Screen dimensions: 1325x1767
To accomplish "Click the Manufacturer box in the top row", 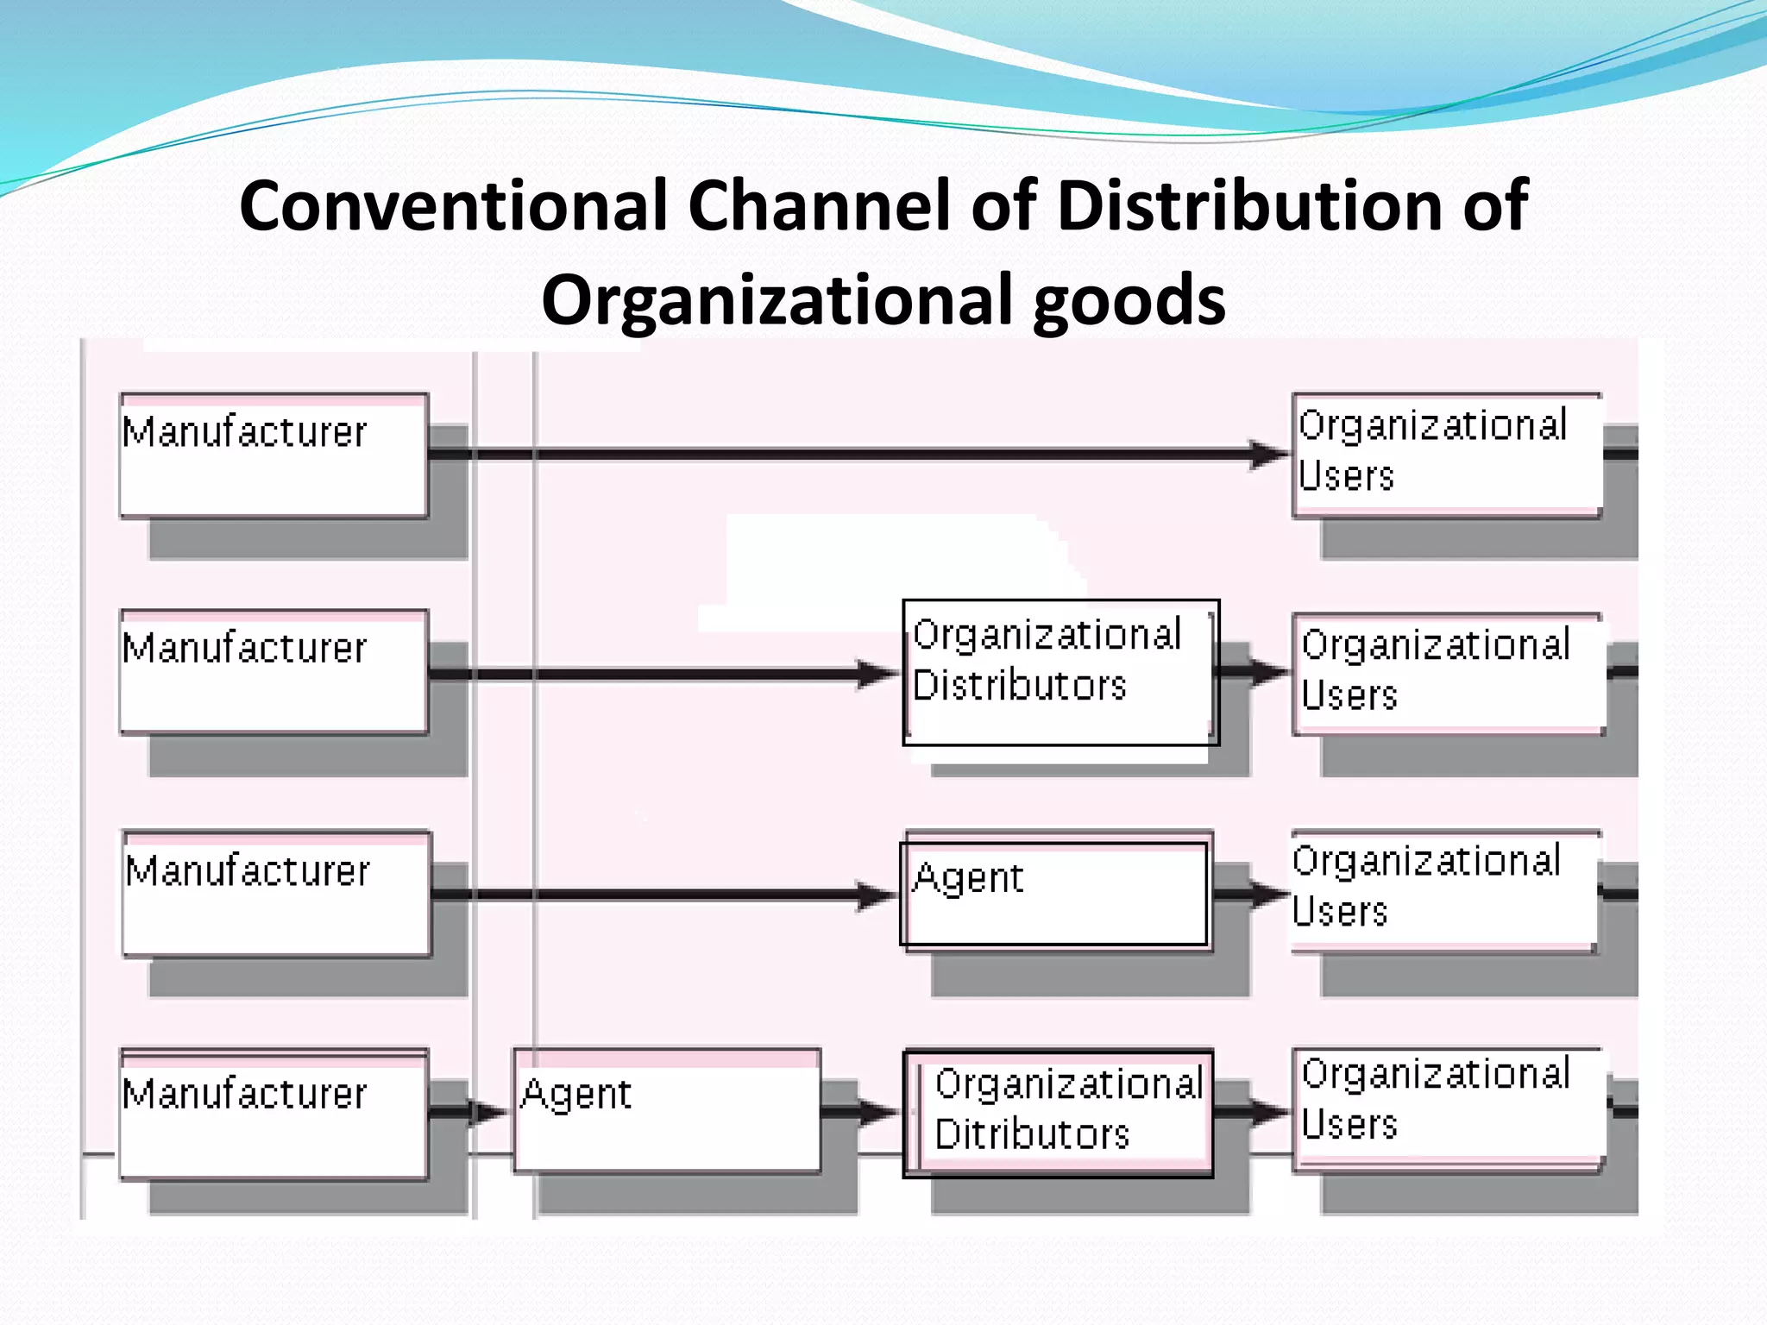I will [274, 455].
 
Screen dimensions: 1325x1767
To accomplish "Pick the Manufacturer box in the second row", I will [274, 672].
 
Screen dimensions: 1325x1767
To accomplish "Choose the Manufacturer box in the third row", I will [276, 894].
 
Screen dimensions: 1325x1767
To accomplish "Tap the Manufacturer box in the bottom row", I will [274, 1114].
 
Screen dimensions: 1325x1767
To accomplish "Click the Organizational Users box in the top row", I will [1447, 455].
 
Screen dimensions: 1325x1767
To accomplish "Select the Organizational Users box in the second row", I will [1449, 673].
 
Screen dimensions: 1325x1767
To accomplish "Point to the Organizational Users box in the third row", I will [1443, 890].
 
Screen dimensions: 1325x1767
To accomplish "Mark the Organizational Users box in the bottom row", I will [1449, 1110].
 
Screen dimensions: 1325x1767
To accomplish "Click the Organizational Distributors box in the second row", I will [1060, 672].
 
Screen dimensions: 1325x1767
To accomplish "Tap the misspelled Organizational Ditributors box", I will [1059, 1113].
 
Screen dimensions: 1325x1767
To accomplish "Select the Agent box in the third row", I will [1054, 893].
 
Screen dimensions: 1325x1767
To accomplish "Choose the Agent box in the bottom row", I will [666, 1111].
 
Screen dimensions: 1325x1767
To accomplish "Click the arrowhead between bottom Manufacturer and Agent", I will [489, 1112].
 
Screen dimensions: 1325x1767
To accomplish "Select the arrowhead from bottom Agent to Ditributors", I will [879, 1112].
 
